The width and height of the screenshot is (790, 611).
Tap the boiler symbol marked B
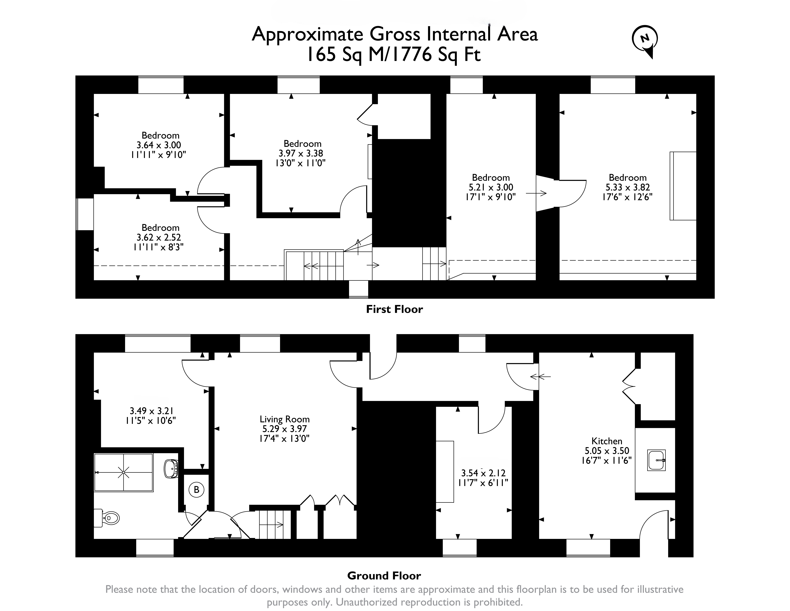pyautogui.click(x=196, y=490)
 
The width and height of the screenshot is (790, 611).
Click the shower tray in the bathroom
pyautogui.click(x=123, y=472)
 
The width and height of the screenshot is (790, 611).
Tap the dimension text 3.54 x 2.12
pyautogui.click(x=483, y=473)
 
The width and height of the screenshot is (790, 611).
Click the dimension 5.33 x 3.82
pyautogui.click(x=628, y=187)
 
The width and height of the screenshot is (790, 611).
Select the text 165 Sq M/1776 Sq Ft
pyautogui.click(x=394, y=55)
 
